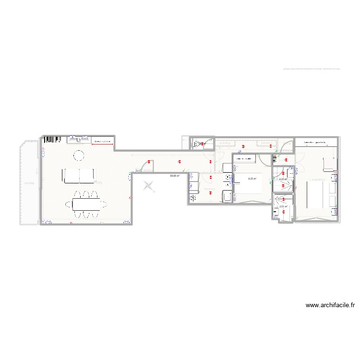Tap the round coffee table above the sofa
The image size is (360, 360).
tap(78, 155)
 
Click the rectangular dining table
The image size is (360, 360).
tap(87, 205)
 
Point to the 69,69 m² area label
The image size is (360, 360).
tap(174, 176)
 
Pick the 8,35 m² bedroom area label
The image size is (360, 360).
tap(252, 178)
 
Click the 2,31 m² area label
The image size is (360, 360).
tap(283, 180)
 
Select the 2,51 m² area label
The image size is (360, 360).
tap(283, 206)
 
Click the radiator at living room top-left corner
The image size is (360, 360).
tap(51, 140)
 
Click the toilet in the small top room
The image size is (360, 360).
tap(197, 143)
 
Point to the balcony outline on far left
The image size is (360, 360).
tap(28, 182)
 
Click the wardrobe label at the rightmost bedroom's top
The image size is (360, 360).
tap(315, 143)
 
